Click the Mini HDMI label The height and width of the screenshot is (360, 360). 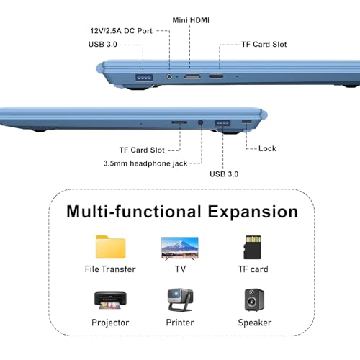(191, 20)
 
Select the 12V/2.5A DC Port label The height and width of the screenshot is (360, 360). (121, 31)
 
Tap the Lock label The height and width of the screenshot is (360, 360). (267, 148)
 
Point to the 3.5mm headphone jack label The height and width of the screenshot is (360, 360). (145, 163)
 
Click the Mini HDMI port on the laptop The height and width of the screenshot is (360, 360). (192, 76)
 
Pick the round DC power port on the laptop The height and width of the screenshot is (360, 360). (169, 77)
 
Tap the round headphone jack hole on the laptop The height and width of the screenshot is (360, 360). (201, 122)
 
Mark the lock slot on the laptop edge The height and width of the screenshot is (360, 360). (247, 122)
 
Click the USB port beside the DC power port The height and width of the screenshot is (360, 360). (144, 78)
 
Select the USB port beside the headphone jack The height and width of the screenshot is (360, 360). (222, 123)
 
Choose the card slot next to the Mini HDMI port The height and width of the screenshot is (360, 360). (216, 76)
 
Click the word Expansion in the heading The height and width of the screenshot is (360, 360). (253, 212)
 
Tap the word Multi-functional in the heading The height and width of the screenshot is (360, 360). (134, 212)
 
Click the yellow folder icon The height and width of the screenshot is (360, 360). (110, 247)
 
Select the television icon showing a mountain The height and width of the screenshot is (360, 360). (180, 248)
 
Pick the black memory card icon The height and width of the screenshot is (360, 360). (253, 247)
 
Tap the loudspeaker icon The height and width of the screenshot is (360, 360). (254, 300)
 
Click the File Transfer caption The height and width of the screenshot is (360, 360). (110, 269)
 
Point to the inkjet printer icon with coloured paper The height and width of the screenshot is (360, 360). (110, 300)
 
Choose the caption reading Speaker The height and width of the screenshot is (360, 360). (255, 323)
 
